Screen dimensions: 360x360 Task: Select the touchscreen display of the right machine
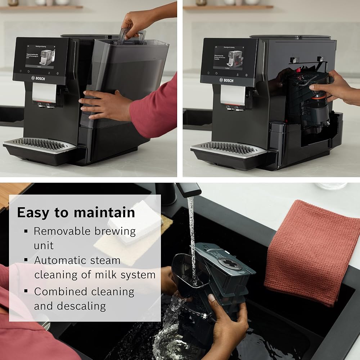point(228,58)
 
